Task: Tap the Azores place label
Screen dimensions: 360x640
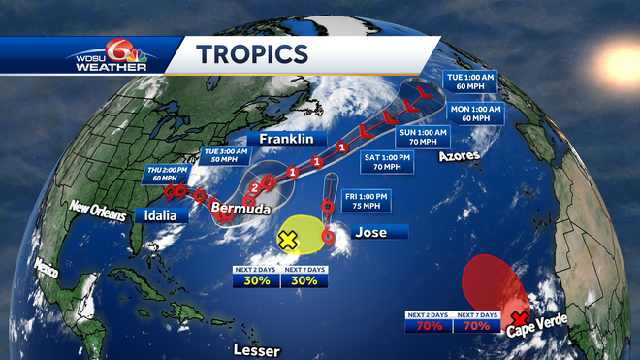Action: coord(458,155)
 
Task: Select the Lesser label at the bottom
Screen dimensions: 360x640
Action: coord(256,349)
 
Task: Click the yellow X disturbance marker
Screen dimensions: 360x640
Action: coord(288,239)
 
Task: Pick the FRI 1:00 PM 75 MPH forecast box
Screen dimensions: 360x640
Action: coord(366,203)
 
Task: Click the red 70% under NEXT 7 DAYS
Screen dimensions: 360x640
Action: coord(477,326)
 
